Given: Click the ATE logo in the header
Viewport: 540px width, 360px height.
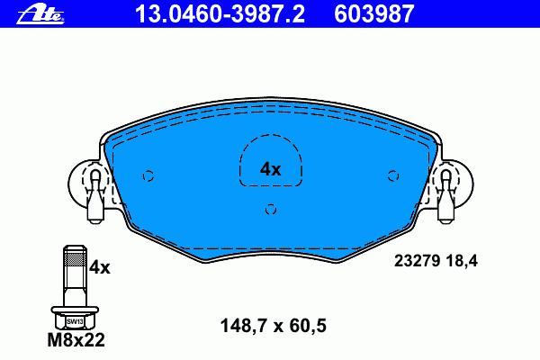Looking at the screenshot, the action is [40, 14].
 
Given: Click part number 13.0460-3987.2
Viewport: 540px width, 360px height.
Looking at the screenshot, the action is [220, 14].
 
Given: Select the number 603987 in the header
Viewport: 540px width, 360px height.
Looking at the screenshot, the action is [373, 14].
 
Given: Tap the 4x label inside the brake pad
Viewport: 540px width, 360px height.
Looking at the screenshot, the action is [270, 169].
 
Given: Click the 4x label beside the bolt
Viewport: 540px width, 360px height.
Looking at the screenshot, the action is [100, 267].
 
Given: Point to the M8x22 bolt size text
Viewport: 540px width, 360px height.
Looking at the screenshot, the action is [76, 340].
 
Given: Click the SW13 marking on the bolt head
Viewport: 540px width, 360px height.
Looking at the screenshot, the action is [75, 322].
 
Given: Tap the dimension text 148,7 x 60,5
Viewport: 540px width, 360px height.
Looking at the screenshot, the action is [273, 326].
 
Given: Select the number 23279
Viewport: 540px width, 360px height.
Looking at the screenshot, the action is [417, 261].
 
